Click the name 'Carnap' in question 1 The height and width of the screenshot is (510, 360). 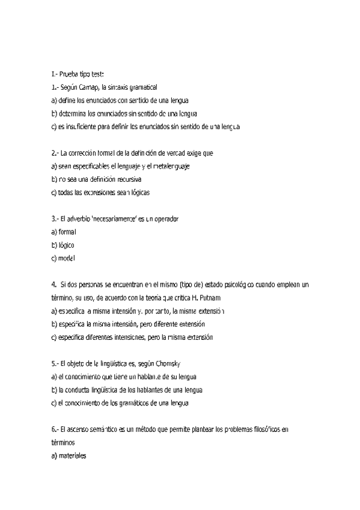coord(88,88)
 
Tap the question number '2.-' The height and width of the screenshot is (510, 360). coord(55,153)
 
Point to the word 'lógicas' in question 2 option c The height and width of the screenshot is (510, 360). coord(136,192)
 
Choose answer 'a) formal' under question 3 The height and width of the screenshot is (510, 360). coord(64,232)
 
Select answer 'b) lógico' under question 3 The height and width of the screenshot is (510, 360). coord(63,245)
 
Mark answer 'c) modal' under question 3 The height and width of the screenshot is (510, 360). coord(63,258)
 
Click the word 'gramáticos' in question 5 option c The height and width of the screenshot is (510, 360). coord(139,404)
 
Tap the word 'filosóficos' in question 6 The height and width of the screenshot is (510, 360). coord(262,429)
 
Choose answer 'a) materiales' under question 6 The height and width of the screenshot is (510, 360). coord(69,456)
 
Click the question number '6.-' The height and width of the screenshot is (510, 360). coord(55,429)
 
